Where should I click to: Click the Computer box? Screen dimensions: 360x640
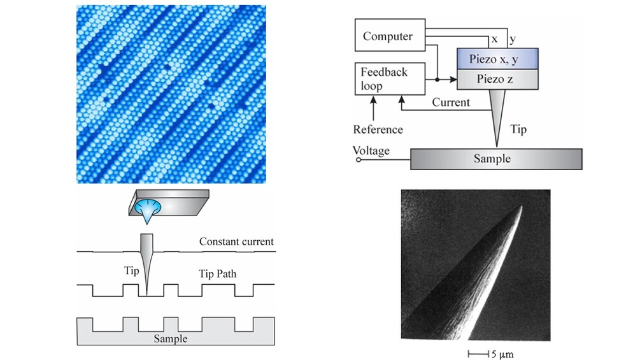coord(388,36)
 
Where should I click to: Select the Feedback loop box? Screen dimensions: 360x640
coord(384,79)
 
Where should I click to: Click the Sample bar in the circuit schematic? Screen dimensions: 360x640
coord(495,159)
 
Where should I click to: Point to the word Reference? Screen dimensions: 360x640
coord(378,129)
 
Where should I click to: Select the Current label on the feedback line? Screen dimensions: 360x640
coord(451,102)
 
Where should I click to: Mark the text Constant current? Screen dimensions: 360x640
coord(236,241)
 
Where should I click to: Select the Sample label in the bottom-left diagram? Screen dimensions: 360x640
coord(171,338)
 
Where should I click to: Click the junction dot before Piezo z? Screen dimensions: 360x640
coord(437,80)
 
